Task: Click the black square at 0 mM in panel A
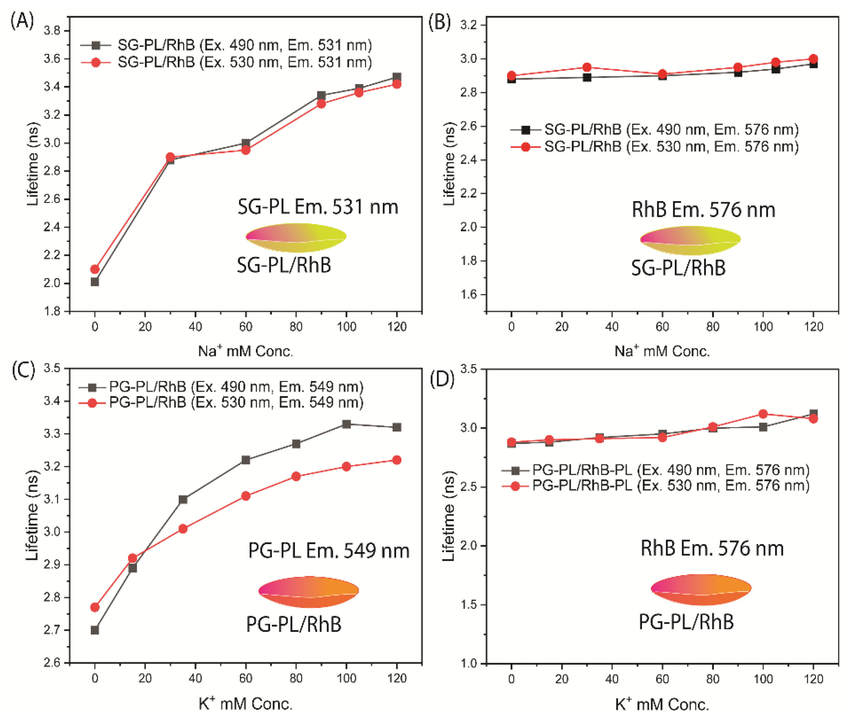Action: tap(95, 282)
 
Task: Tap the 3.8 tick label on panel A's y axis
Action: tap(52, 31)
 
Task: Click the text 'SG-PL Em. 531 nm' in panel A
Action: tap(318, 207)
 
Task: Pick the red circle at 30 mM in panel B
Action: tap(587, 67)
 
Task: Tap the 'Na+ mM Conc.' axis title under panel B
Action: tap(662, 351)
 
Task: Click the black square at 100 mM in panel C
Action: tap(346, 424)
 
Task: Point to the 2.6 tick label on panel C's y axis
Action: tap(52, 663)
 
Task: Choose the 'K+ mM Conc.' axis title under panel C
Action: tap(245, 703)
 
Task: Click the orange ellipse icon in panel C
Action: tap(308, 592)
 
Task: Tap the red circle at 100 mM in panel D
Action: tap(763, 414)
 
